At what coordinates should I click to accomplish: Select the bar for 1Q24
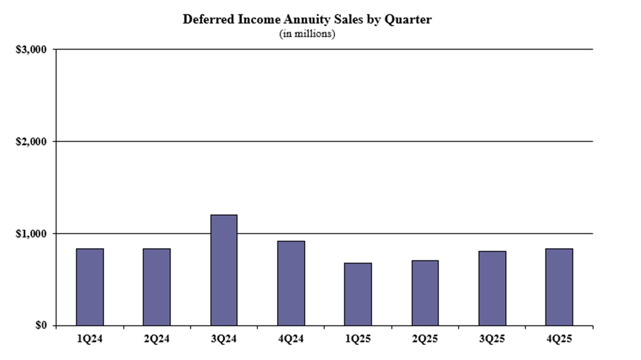[90, 287]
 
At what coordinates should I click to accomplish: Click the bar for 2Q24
[157, 287]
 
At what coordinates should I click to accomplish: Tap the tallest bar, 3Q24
[224, 270]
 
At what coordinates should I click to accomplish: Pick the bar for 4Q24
[291, 283]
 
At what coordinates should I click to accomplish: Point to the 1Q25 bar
[358, 294]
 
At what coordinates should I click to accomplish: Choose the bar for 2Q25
[425, 293]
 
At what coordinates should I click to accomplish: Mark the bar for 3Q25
[492, 288]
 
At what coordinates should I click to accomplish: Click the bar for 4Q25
[559, 287]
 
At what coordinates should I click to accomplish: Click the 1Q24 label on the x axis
[90, 339]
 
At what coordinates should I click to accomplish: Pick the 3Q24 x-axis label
[224, 339]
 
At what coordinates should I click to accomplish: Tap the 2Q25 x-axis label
[425, 339]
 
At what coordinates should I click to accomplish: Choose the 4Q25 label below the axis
[559, 339]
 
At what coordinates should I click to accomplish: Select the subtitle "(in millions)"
[307, 34]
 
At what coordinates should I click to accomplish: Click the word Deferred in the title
[205, 20]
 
